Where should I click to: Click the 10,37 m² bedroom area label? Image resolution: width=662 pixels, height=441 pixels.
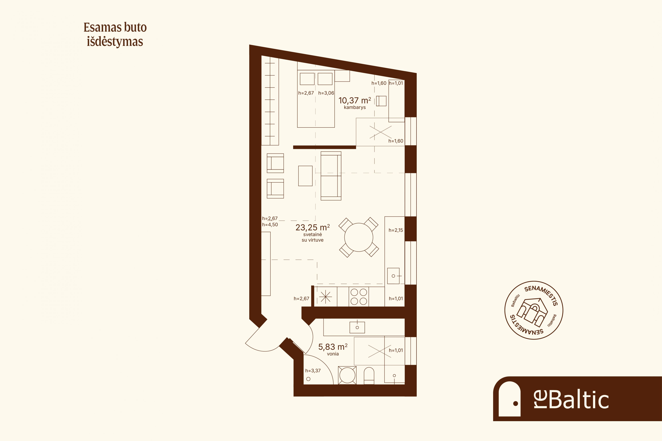355,100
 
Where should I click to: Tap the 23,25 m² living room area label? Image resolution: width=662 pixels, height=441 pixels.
312,227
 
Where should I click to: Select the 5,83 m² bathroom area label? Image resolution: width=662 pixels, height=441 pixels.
333,347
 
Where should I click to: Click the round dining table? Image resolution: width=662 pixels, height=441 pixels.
359,237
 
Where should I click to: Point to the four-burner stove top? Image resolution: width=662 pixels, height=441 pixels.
359,296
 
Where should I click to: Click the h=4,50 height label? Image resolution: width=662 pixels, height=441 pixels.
270,224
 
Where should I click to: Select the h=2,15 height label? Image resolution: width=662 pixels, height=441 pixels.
396,230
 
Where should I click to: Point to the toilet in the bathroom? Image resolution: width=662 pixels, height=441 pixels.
369,376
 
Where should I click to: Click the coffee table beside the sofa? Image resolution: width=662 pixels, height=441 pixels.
305,176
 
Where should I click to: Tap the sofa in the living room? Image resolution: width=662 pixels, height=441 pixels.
331,176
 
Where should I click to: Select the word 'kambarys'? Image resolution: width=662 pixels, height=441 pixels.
355,107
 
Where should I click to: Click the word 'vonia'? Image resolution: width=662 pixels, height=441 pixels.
333,354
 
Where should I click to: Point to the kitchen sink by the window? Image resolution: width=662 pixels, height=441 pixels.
393,276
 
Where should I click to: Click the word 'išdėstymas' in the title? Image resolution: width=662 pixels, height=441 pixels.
115,42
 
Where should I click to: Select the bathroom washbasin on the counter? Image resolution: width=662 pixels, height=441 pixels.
357,327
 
